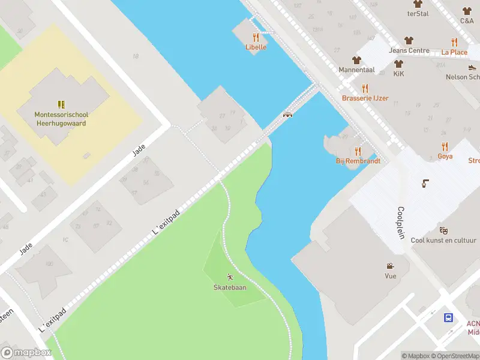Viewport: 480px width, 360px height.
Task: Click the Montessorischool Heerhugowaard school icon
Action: pos(61,104)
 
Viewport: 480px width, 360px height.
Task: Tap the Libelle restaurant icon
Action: pos(256,37)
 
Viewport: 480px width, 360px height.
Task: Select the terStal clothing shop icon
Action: pos(418,4)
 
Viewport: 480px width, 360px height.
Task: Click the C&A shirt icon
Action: pos(467,11)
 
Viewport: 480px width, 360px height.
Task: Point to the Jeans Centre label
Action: pos(409,50)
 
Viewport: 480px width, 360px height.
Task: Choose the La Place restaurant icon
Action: pos(454,42)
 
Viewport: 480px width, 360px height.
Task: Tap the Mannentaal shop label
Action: pos(356,70)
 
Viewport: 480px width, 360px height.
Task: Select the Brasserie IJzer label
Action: pos(365,98)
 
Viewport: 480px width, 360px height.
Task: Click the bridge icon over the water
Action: pos(287,115)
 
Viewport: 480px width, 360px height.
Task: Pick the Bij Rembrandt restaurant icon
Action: pos(358,151)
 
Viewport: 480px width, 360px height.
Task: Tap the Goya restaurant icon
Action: pos(445,146)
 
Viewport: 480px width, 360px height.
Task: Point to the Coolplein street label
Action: pos(401,223)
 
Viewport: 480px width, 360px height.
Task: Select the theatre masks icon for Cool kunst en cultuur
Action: pos(443,230)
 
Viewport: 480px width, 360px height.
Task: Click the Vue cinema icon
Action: pos(391,266)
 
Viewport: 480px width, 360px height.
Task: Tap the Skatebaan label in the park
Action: pos(230,287)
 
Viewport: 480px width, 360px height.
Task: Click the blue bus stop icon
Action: pos(449,317)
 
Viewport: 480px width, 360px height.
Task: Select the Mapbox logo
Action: pos(26,353)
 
